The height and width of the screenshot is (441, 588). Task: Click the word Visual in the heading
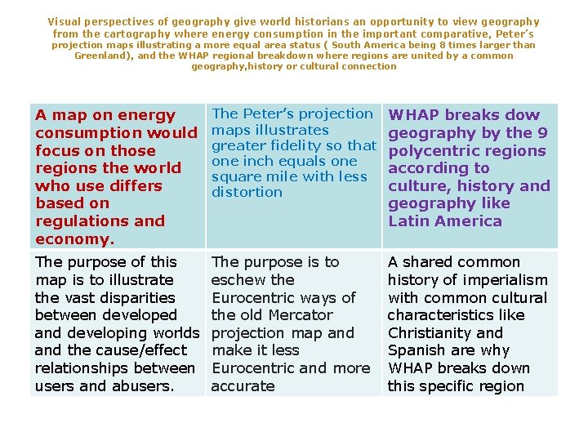click(x=65, y=22)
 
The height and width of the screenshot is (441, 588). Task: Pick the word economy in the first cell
click(x=71, y=239)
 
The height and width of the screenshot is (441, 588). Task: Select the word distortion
click(x=247, y=193)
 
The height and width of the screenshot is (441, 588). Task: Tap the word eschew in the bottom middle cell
click(x=237, y=280)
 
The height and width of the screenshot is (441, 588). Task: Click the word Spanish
click(x=416, y=351)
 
